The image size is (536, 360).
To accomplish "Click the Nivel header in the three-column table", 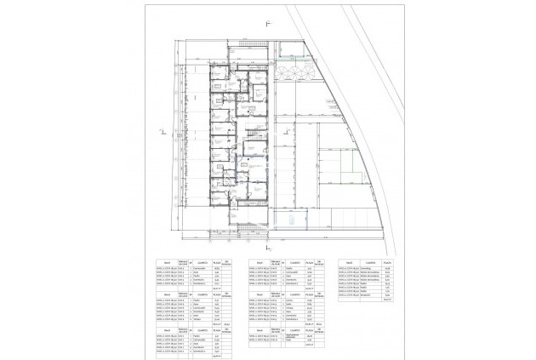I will tap(349, 262).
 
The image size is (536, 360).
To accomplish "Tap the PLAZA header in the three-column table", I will tap(388, 262).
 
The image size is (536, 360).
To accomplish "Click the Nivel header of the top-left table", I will tap(168, 262).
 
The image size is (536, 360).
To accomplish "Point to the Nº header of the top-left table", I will tap(190, 262).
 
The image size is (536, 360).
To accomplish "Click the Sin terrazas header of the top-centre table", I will tap(321, 262).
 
